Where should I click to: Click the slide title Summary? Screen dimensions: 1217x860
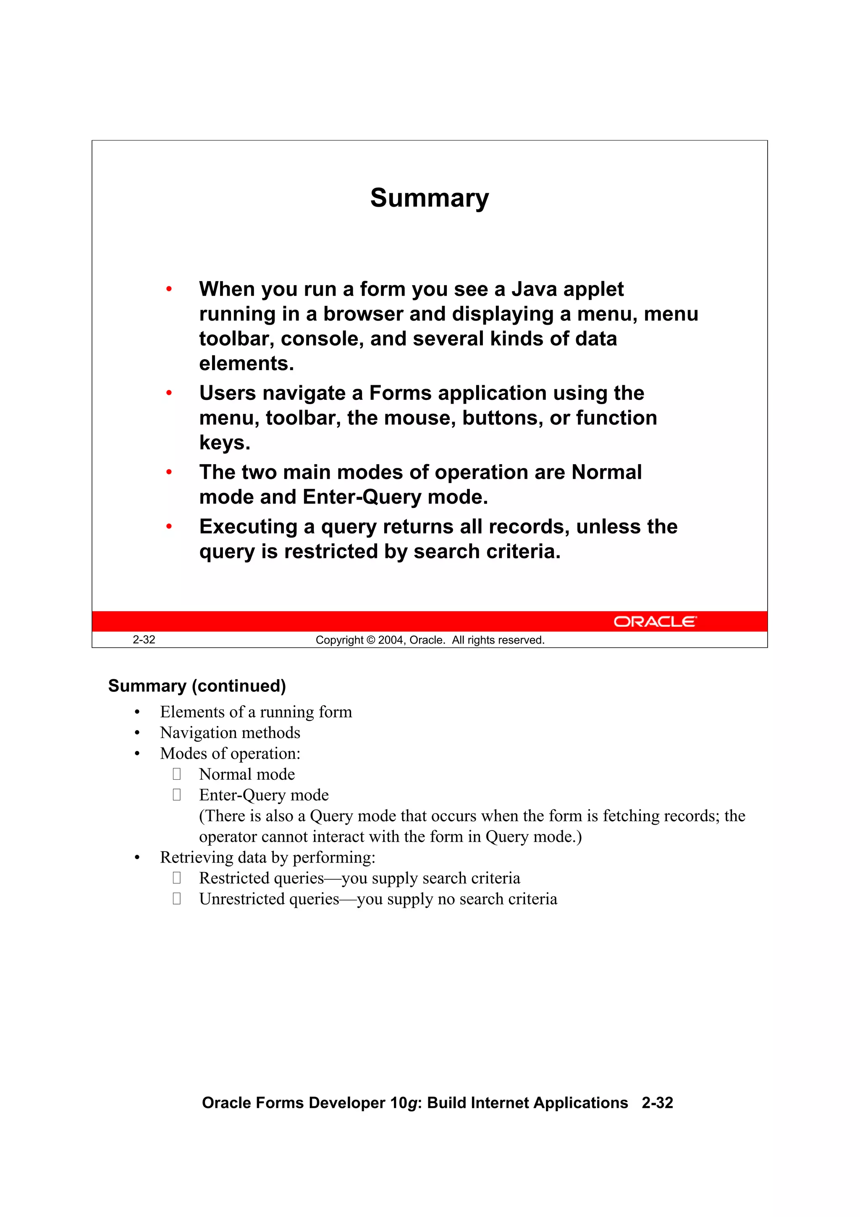click(429, 198)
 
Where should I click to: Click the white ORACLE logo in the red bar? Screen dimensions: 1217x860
click(655, 621)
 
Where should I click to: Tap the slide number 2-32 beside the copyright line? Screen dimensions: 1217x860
click(144, 640)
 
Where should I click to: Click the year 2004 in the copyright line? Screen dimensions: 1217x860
click(391, 640)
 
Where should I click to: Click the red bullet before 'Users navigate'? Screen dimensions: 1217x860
click(169, 393)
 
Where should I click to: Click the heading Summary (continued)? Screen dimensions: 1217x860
click(197, 686)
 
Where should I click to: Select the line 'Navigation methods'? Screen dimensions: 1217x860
click(230, 733)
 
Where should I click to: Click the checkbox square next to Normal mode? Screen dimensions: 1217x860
click(176, 774)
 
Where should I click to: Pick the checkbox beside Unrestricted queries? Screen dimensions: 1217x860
click(176, 899)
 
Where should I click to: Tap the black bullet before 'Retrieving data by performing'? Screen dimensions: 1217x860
click(137, 858)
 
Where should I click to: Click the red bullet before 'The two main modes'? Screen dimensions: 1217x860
click(169, 472)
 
